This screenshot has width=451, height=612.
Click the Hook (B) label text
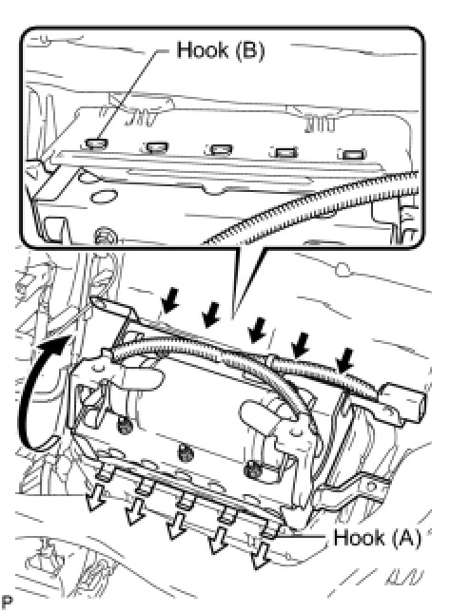pyautogui.click(x=221, y=50)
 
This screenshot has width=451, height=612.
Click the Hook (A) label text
pyautogui.click(x=377, y=538)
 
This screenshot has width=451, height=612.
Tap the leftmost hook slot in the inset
pyautogui.click(x=95, y=144)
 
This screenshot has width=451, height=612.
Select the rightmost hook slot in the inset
pyautogui.click(x=354, y=154)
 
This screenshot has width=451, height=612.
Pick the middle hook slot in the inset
pyautogui.click(x=221, y=149)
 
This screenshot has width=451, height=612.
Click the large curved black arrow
pyautogui.click(x=41, y=391)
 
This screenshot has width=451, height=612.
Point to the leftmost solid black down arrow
pyautogui.click(x=169, y=301)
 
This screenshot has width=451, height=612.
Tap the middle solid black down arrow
pyautogui.click(x=256, y=330)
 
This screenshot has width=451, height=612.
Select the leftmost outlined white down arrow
pyautogui.click(x=95, y=496)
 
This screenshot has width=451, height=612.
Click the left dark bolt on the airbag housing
pyautogui.click(x=125, y=425)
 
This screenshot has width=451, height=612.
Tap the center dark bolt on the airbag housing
pyautogui.click(x=185, y=452)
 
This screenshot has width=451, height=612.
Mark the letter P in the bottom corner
pyautogui.click(x=7, y=601)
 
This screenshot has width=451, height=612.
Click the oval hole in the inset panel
pyautogui.click(x=104, y=196)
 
